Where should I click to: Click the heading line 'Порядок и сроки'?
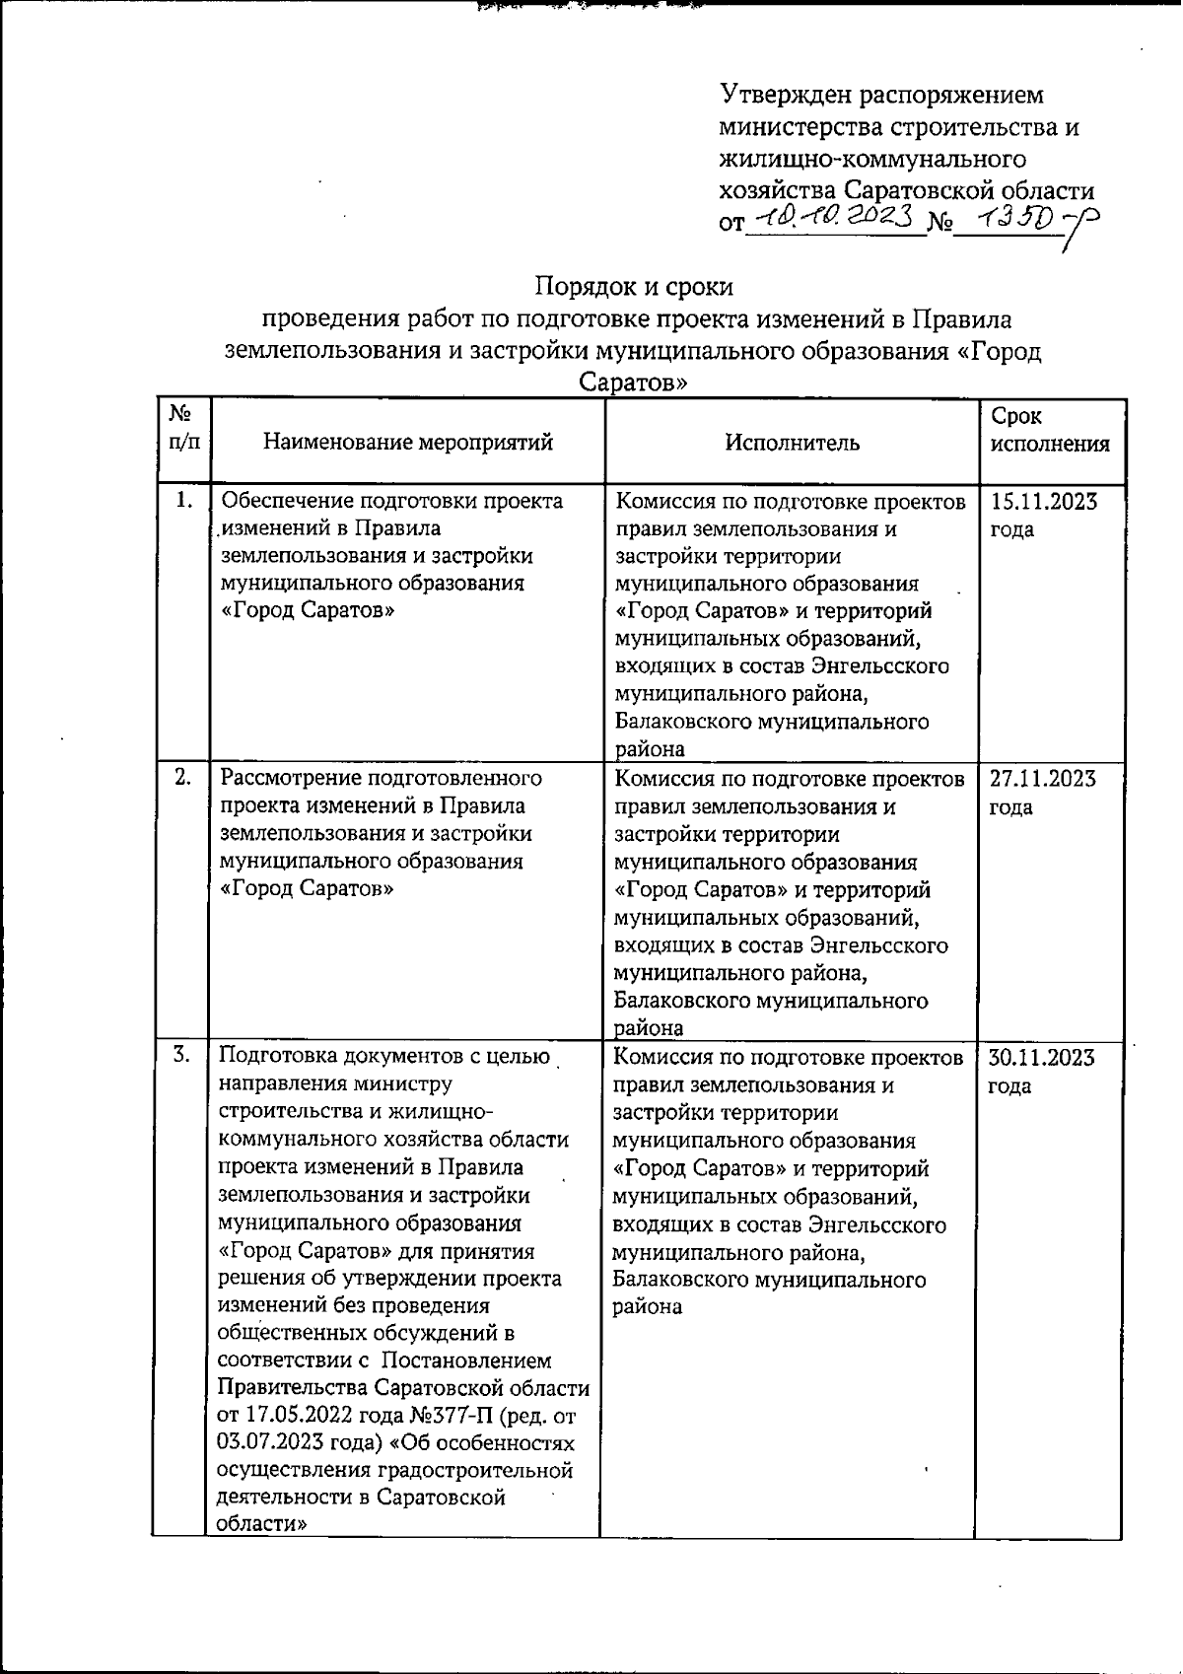click(634, 287)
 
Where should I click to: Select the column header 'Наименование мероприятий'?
click(408, 442)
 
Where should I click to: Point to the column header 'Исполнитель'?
click(793, 442)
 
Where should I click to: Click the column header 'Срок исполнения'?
click(1049, 430)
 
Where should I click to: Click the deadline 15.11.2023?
click(1043, 502)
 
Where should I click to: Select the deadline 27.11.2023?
click(1043, 779)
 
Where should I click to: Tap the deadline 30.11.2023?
click(1041, 1058)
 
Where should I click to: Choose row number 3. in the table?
click(182, 1056)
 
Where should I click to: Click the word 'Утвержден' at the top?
click(784, 96)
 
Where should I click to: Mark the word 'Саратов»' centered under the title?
click(632, 383)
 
